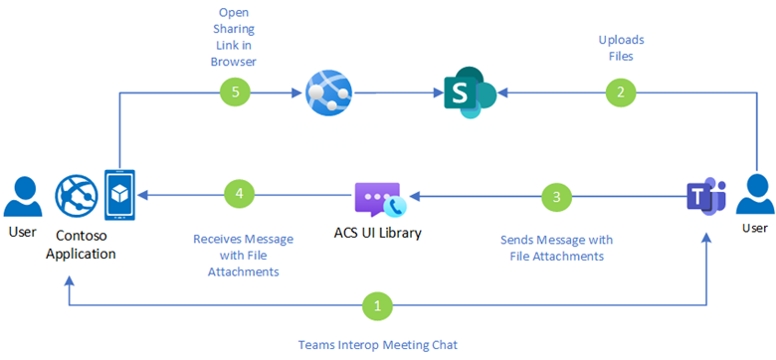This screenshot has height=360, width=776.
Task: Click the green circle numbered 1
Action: click(378, 306)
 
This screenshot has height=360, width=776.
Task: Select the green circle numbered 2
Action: click(621, 91)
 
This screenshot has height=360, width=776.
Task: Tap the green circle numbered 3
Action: click(557, 197)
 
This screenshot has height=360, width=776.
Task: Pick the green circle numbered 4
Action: click(239, 194)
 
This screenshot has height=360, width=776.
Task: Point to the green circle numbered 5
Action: click(235, 91)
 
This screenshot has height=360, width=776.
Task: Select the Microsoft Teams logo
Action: click(706, 197)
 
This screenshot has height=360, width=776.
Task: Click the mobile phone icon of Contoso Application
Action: click(119, 195)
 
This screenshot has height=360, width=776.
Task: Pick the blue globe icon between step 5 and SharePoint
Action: click(328, 92)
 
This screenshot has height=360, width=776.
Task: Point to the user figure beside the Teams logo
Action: click(754, 193)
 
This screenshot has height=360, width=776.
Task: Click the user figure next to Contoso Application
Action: click(21, 196)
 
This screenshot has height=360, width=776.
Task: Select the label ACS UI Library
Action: click(378, 233)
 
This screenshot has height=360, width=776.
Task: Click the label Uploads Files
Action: click(621, 48)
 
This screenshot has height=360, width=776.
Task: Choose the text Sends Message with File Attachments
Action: click(557, 249)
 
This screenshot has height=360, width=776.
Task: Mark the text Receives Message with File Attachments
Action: click(244, 256)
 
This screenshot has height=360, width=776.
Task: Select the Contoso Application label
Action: click(84, 245)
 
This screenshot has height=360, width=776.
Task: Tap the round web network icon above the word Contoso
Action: click(75, 195)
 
